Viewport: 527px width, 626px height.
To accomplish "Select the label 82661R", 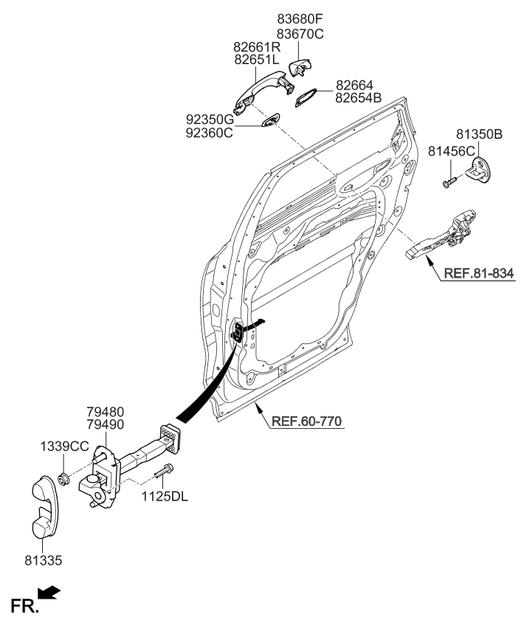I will [x=258, y=47].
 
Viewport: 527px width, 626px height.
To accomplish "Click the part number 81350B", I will [x=479, y=134].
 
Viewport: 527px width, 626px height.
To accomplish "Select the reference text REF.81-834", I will [x=478, y=274].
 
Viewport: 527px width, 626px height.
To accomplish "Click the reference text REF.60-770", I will [x=306, y=422].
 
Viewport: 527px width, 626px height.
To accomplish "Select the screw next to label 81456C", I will [x=449, y=180].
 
